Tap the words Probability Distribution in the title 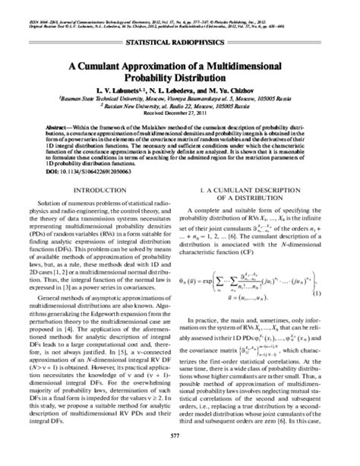pyautogui.click(x=181, y=78)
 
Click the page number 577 pyautogui.click(x=180, y=455)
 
